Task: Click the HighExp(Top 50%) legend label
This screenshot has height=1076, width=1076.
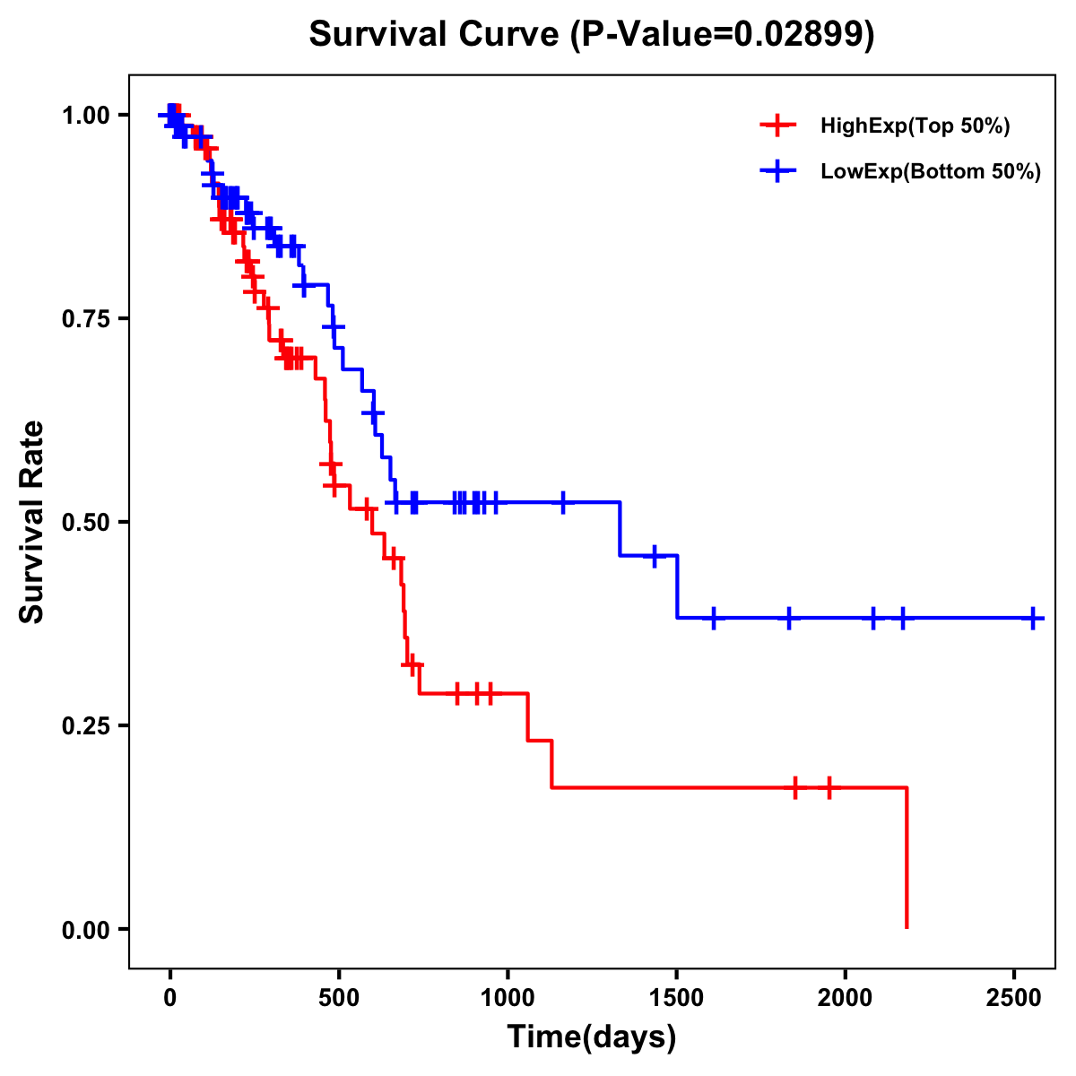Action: [x=915, y=126]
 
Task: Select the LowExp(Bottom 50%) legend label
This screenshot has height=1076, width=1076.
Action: [x=931, y=172]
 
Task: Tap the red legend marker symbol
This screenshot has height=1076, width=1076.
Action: [x=777, y=126]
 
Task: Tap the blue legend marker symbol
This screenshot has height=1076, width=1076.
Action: [x=777, y=170]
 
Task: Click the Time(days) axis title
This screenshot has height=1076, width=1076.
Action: [x=592, y=1037]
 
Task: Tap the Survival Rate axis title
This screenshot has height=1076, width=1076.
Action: [x=32, y=522]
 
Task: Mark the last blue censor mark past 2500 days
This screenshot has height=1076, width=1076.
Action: [x=1034, y=619]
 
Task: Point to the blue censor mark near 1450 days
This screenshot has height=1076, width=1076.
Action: [x=655, y=556]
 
